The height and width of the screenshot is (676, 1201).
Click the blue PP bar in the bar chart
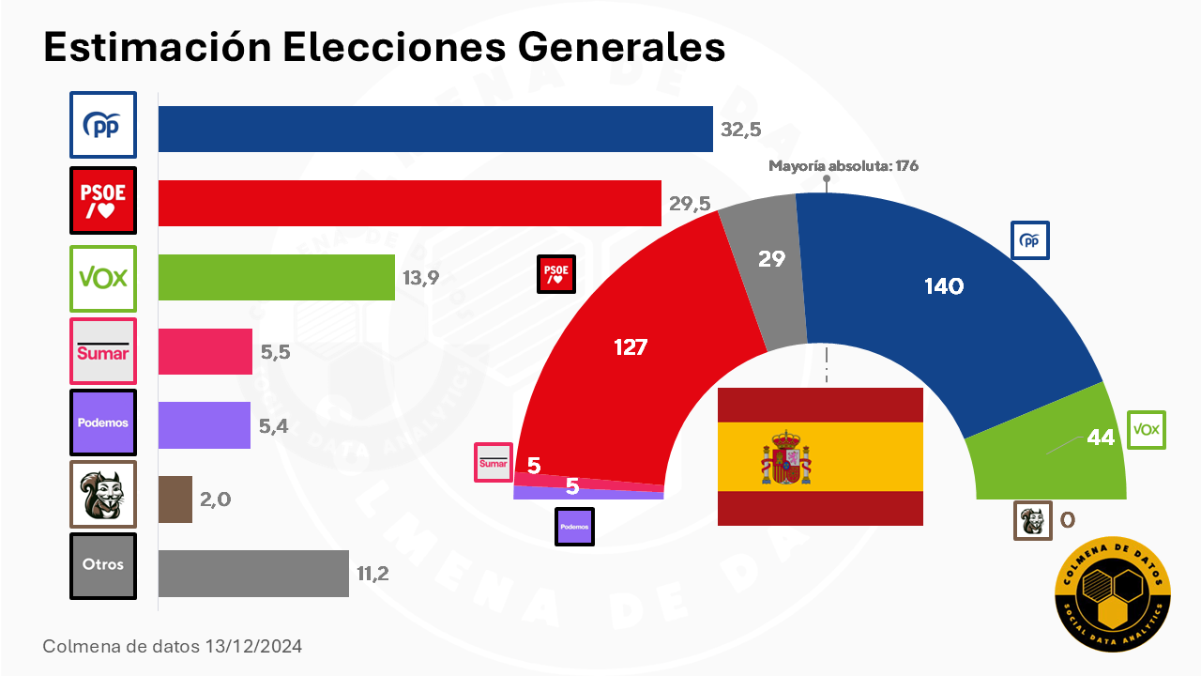coord(435,129)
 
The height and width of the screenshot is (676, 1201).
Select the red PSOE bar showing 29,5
coord(410,203)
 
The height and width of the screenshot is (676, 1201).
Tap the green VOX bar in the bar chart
coord(277,277)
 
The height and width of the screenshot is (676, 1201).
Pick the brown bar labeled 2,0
coord(175,499)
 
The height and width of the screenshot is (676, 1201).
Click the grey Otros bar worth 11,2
coord(253,573)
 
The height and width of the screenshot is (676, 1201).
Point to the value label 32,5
coord(741,130)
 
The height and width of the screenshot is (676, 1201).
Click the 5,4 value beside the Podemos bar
coord(273,426)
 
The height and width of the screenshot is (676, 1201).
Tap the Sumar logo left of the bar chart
coord(103,351)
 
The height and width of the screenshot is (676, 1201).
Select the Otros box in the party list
coord(103,566)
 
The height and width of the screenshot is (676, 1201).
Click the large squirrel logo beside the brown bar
coord(103,494)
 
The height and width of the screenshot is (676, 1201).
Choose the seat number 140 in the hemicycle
coord(944,286)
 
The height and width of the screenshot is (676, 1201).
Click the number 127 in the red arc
coord(631,347)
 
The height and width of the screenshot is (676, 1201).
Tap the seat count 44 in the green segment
coord(1101,438)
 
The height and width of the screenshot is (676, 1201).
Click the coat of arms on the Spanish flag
coord(786,457)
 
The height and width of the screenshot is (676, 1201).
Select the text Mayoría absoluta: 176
coord(844,166)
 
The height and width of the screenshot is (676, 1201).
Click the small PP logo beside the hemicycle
coord(1030,240)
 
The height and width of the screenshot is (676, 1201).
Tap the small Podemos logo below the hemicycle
coord(574,527)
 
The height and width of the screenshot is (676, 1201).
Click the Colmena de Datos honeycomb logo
coord(1113,594)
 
